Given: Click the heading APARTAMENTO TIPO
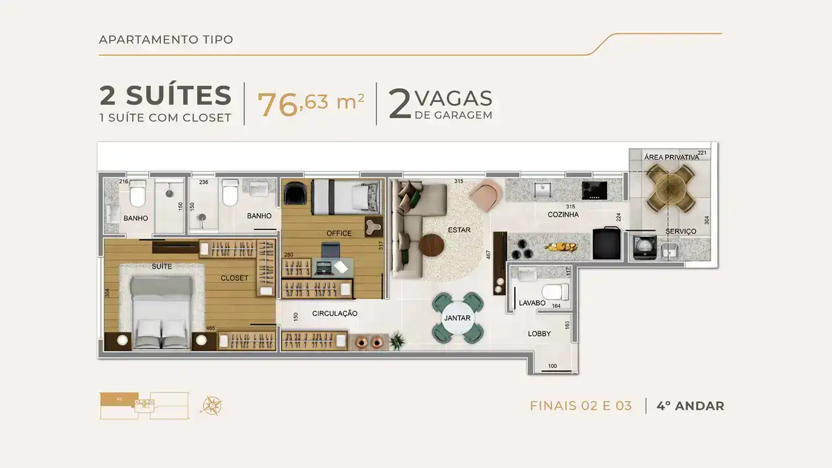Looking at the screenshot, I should [x=166, y=40].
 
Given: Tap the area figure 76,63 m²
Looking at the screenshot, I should [x=311, y=103].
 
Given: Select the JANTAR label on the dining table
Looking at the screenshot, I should [x=458, y=318].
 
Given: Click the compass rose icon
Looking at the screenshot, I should [x=212, y=406].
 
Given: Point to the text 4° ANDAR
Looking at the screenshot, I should [x=690, y=406].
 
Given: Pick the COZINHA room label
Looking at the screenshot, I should [x=563, y=214].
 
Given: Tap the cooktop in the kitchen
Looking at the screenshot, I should [x=594, y=190].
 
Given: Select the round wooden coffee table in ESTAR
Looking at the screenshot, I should [x=431, y=245].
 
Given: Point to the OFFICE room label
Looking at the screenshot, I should [x=339, y=233].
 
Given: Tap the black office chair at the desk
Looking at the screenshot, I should [x=330, y=249].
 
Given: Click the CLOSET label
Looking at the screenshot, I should [x=234, y=278].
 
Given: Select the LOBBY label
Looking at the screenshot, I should [x=539, y=333].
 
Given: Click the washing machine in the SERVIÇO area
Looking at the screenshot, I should [x=643, y=246].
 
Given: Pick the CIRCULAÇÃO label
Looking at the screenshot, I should [x=335, y=313].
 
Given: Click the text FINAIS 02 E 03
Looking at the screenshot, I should [x=580, y=406].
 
